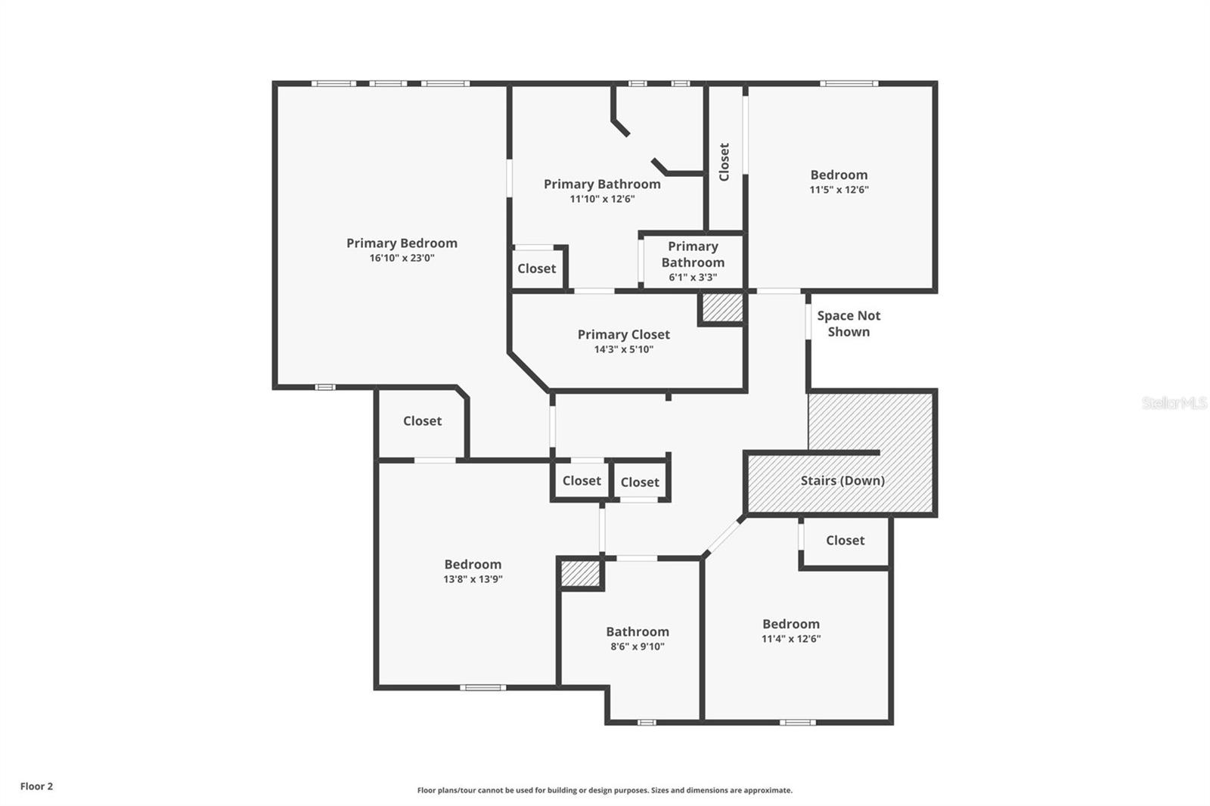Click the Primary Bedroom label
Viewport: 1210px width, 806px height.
402,243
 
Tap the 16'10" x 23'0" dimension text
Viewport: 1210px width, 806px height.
402,258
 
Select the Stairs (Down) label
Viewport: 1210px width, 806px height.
842,480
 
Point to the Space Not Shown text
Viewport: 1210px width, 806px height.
849,324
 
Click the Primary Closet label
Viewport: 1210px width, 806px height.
623,334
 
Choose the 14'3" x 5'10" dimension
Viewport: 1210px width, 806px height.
623,349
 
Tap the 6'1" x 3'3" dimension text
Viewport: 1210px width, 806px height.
693,277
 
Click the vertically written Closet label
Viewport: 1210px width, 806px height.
724,162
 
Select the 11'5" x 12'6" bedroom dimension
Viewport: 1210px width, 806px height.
839,190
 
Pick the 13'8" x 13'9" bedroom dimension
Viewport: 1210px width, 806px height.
473,579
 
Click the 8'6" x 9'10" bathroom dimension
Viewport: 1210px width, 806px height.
637,646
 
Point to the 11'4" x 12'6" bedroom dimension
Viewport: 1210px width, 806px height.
790,638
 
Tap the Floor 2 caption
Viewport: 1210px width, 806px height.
36,786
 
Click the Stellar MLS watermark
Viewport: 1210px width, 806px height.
1174,403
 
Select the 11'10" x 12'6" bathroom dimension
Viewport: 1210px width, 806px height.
602,199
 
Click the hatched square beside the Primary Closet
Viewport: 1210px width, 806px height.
721,308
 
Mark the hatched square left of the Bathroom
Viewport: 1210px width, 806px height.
580,574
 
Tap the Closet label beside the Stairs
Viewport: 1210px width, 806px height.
845,540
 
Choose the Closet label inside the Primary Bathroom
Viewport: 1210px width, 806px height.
536,268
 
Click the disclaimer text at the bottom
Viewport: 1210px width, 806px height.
604,790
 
